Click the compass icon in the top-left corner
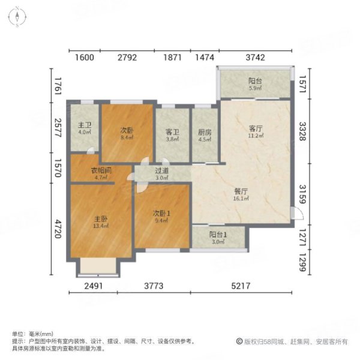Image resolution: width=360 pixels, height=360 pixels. click(x=18, y=16)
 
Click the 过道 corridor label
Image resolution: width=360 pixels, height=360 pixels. click(x=162, y=170)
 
